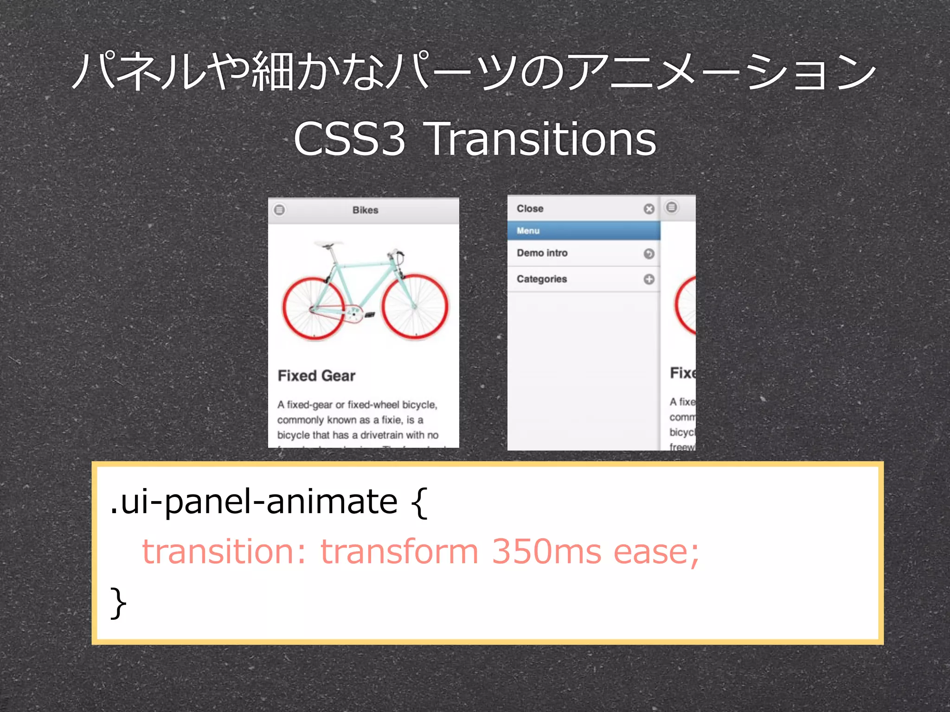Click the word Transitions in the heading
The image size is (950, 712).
[540, 139]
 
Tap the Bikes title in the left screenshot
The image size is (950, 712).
[365, 210]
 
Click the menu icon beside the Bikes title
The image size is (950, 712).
[279, 210]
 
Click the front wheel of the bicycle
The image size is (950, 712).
[415, 307]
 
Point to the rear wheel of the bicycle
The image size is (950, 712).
[314, 308]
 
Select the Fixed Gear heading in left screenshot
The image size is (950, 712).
[316, 375]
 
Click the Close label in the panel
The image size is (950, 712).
[530, 209]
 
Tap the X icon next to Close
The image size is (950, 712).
[649, 209]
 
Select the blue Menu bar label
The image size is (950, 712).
[528, 230]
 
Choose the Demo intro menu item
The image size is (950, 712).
[542, 253]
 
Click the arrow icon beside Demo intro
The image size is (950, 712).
[649, 254]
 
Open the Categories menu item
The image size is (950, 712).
[542, 279]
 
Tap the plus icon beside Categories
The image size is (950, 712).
[649, 279]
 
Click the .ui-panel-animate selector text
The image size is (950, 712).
[254, 502]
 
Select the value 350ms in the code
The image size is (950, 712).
[546, 552]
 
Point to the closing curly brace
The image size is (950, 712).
[118, 603]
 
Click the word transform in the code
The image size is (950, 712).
[399, 552]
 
